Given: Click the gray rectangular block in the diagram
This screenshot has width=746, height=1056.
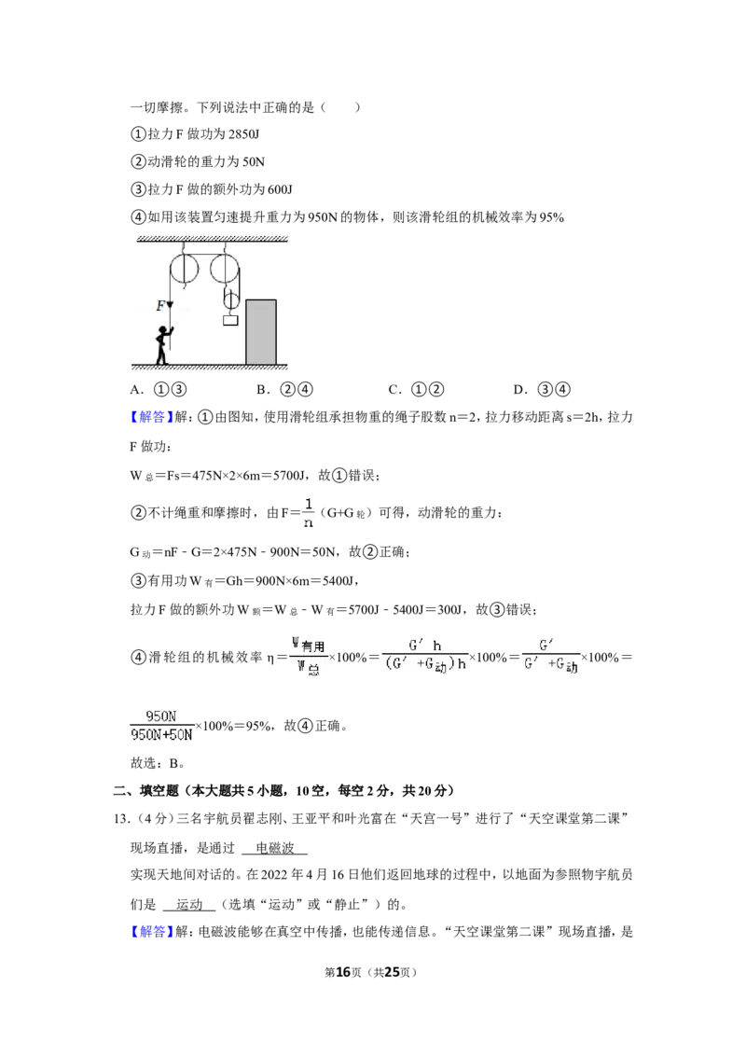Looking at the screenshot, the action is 260,332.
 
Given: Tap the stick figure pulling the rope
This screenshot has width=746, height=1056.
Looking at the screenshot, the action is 163,345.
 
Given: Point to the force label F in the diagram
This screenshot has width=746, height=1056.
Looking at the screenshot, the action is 160,306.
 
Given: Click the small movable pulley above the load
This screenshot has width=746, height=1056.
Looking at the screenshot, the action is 231,299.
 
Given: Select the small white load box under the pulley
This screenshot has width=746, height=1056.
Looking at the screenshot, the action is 231,321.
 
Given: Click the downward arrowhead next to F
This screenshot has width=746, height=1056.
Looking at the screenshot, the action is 171,305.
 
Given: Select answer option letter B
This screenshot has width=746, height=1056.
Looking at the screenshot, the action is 262,389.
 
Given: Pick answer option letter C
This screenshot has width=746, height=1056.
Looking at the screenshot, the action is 394,389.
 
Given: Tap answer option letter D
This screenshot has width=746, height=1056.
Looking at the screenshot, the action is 519,389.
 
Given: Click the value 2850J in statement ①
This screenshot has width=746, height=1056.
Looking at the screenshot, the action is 243,134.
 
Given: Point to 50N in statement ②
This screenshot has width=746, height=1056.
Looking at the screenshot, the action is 254,161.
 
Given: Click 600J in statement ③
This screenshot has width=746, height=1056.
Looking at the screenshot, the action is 280,189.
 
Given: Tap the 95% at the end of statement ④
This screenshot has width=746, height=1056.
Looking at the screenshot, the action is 551,216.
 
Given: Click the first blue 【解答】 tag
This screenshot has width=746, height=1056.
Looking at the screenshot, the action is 152,417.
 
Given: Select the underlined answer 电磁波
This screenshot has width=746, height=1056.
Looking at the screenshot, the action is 275,848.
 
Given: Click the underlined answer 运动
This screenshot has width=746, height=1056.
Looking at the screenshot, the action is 189,904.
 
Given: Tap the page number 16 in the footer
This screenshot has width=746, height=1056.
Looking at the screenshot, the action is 343,972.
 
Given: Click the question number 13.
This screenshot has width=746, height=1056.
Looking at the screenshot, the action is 122,818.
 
